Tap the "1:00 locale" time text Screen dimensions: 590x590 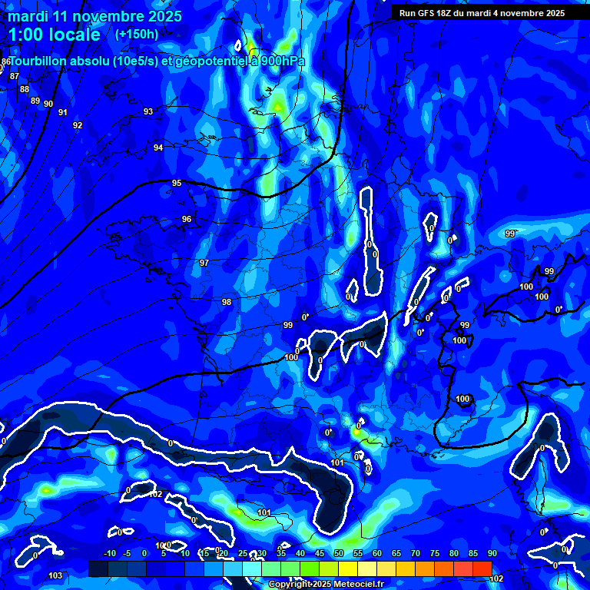tap(55, 35)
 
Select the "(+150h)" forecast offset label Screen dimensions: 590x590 tap(136, 35)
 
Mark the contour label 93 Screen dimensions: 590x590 tap(148, 111)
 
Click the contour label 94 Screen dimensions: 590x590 tap(158, 147)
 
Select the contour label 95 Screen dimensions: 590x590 tap(177, 183)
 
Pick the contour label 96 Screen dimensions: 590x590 tap(187, 219)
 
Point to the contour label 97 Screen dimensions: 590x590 tap(204, 263)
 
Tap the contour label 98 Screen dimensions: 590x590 tap(227, 302)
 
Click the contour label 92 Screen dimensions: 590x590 tap(78, 125)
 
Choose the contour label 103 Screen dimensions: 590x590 tap(55, 575)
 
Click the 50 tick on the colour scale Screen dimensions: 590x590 tap(339, 554)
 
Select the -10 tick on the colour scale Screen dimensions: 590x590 tap(109, 554)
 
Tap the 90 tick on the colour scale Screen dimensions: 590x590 tap(492, 554)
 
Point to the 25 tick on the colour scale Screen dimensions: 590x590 tap(243, 554)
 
